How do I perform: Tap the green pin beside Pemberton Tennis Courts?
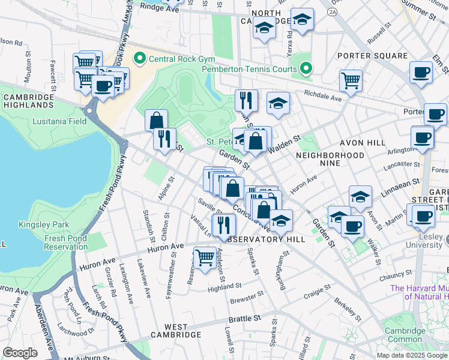tap(306, 68)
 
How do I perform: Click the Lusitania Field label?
tap(59, 121)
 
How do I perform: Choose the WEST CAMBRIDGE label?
tap(175, 334)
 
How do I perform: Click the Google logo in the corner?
tap(20, 353)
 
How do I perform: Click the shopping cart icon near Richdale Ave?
tap(351, 80)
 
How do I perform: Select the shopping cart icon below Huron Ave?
tap(205, 257)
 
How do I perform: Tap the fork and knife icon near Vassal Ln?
tap(224, 224)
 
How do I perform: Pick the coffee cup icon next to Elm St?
tap(421, 72)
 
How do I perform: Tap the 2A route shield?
tap(332, 11)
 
